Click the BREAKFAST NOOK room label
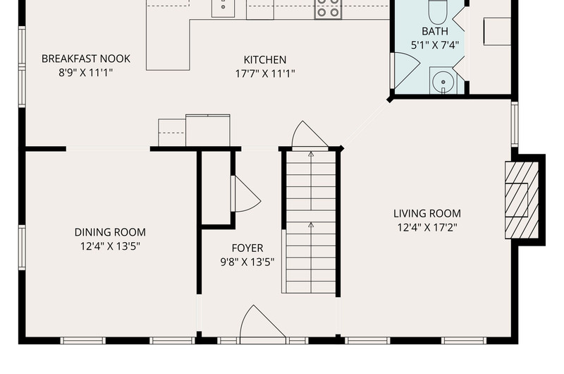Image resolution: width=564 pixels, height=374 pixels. click(85, 59)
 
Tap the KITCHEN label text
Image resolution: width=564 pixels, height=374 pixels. click(265, 59)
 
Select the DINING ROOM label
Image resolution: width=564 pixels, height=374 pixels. click(110, 232)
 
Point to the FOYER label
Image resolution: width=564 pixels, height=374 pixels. click(247, 248)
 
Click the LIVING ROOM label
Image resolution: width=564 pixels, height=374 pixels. click(427, 213)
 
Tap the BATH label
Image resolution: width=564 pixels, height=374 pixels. click(435, 31)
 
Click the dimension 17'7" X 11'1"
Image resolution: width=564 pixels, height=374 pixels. click(265, 74)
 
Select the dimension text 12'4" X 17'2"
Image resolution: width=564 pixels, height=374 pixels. click(427, 228)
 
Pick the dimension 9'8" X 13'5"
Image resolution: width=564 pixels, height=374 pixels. click(247, 263)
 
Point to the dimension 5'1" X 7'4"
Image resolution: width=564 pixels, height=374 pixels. click(435, 46)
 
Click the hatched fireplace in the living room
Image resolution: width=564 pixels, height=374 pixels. click(522, 200)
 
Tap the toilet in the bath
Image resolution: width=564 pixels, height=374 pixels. click(438, 11)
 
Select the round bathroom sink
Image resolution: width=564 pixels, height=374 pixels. click(443, 82)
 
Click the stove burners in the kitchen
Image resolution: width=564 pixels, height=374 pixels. click(328, 8)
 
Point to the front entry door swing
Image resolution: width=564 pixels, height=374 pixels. click(262, 322)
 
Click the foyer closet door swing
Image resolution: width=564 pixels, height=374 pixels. click(247, 193)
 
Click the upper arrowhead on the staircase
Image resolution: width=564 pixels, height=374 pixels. click(311, 154)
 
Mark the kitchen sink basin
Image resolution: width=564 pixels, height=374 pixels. click(223, 8)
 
